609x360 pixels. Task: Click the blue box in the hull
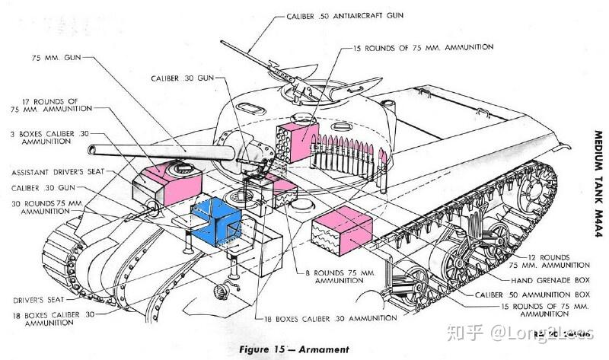click(x=215, y=222)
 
